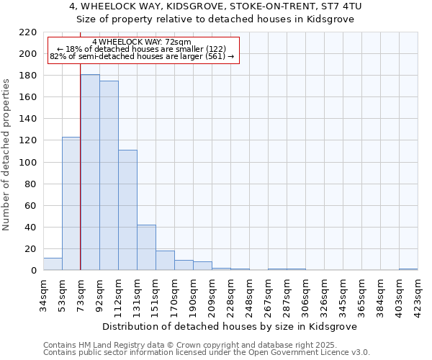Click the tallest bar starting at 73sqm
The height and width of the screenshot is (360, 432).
coord(90,173)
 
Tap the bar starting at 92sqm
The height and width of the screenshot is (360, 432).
coord(109,176)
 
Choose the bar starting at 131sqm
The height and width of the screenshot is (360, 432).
coord(146,248)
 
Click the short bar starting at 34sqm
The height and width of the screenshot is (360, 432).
coord(53,264)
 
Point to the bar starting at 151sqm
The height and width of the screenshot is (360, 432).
coord(165,261)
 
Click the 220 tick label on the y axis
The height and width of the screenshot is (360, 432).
coord(28,32)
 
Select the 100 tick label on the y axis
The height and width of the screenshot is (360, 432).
coord(28,163)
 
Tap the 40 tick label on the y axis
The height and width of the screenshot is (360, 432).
coord(31,228)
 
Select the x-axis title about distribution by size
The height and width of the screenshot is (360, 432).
coord(230,326)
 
